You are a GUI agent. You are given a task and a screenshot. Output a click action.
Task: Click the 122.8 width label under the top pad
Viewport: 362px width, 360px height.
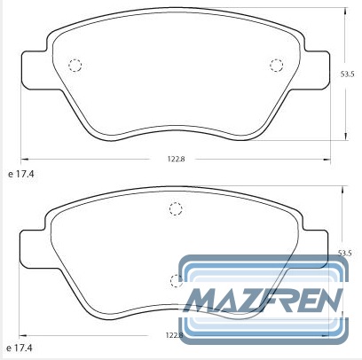176,159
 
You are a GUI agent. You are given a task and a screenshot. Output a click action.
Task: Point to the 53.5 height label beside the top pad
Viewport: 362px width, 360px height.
347,74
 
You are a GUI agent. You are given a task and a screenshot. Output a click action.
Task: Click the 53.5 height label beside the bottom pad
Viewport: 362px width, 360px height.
344,253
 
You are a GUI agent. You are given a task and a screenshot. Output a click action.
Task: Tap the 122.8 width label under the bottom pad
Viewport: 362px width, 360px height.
175,335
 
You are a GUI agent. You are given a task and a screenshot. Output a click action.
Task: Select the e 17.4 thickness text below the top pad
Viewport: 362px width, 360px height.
21,174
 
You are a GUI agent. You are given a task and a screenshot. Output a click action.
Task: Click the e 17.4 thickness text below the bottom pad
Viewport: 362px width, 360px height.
20,348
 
